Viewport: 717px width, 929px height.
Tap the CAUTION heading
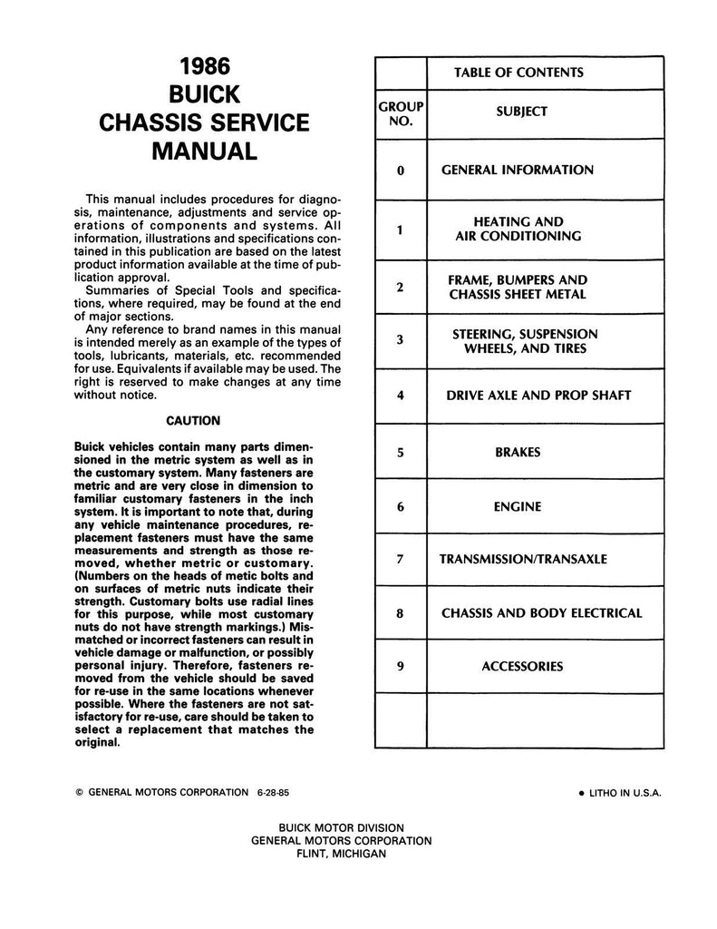193,420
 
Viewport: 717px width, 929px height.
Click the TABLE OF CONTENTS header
518,73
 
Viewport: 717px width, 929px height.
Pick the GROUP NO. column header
401,113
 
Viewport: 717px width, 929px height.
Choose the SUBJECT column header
521,112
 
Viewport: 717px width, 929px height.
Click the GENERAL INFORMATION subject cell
518,170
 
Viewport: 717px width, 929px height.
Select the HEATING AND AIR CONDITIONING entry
518,229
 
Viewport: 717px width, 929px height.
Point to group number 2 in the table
400,287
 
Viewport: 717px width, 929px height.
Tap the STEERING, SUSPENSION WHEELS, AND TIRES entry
525,341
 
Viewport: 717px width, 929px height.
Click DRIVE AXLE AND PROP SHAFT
538,395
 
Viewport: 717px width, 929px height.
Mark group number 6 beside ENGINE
400,506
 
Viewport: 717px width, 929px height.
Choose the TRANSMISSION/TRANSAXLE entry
523,559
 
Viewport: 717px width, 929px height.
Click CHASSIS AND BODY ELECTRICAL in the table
541,612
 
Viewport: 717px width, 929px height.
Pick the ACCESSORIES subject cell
521,667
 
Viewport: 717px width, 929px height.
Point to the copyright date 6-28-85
273,791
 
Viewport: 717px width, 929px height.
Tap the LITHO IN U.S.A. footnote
619,792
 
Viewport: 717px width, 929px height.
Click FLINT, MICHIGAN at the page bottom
341,854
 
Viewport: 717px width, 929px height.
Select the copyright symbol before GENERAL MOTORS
80,792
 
